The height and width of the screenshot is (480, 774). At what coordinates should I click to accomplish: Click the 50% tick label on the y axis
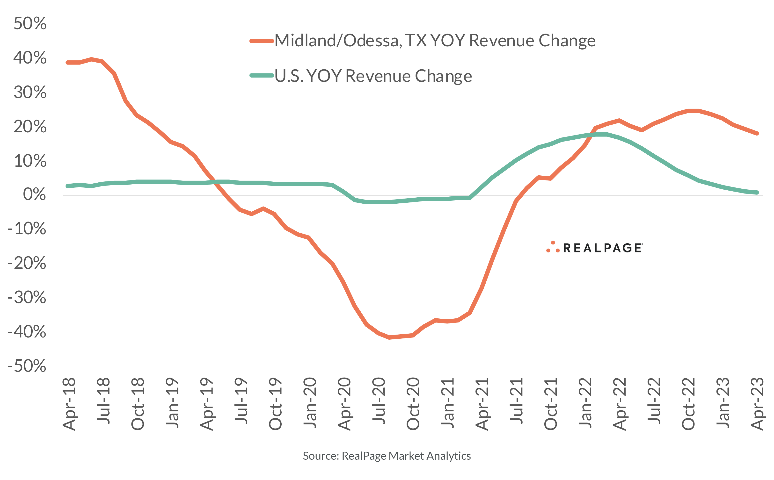click(x=30, y=23)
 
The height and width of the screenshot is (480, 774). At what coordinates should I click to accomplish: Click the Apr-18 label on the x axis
click(x=69, y=404)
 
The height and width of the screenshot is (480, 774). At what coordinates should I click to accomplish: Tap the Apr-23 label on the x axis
click(x=758, y=404)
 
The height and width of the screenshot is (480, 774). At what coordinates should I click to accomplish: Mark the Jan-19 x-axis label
click(x=172, y=402)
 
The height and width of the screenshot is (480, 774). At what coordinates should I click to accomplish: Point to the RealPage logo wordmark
click(x=602, y=248)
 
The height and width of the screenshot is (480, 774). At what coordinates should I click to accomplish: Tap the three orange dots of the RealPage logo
click(x=553, y=247)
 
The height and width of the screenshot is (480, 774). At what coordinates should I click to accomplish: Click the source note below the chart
click(x=387, y=456)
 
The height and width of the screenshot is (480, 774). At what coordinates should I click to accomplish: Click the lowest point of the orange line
click(x=389, y=337)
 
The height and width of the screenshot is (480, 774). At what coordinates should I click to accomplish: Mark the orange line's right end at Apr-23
click(x=757, y=133)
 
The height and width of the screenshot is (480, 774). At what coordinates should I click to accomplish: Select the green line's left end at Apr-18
click(x=68, y=186)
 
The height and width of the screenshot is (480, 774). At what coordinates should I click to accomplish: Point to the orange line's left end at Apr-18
click(x=68, y=63)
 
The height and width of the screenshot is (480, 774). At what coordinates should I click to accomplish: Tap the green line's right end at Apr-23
click(x=757, y=192)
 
